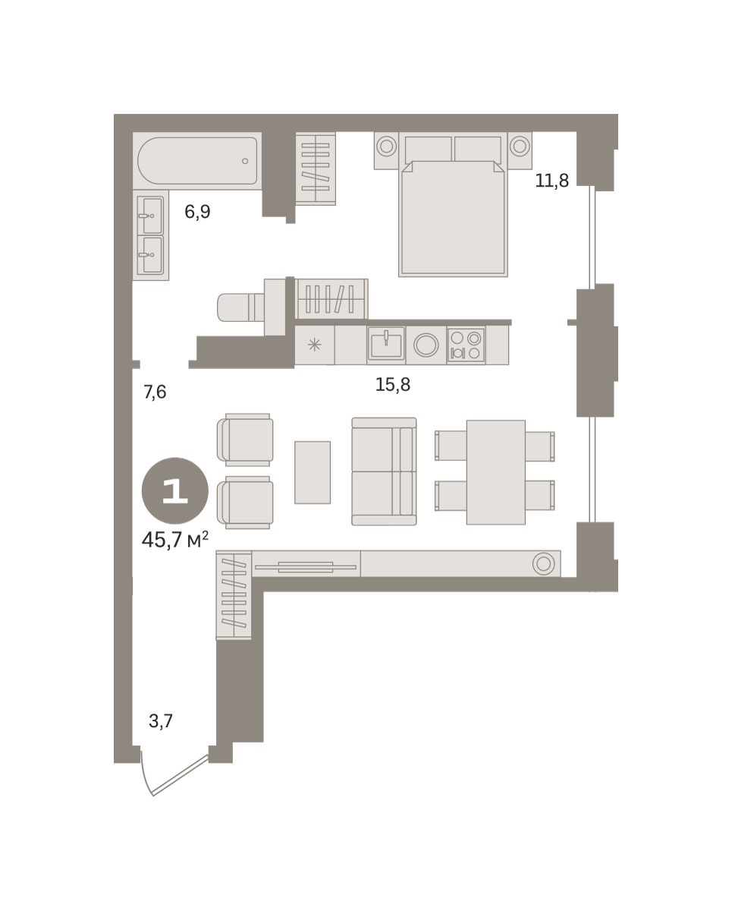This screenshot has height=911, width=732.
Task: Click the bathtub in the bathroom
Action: [x=197, y=160]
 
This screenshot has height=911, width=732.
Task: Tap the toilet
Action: [x=240, y=307]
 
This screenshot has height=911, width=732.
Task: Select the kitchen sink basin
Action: [x=386, y=345]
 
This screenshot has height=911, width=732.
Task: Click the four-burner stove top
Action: [x=466, y=345]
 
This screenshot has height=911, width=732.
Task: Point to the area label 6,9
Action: [x=197, y=211]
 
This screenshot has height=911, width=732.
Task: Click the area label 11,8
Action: [x=551, y=181]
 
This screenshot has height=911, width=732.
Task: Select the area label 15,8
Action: [x=393, y=384]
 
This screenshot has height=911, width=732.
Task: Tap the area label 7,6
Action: [x=155, y=392]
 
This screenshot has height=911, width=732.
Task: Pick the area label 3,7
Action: [x=161, y=721]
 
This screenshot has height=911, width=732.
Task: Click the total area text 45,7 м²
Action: [x=175, y=540]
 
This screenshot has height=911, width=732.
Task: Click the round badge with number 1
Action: [x=174, y=490]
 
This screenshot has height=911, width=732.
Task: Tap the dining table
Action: [x=496, y=472]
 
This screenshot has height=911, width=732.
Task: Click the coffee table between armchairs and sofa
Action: [x=313, y=472]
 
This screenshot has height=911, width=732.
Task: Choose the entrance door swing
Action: [x=174, y=775]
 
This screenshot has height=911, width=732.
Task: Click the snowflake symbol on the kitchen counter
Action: [x=314, y=345]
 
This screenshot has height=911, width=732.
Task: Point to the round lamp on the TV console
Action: [x=544, y=563]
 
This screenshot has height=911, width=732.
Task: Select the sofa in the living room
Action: [x=384, y=471]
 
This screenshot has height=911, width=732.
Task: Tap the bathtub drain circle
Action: [x=245, y=161]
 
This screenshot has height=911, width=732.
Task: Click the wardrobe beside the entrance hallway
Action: [x=234, y=594]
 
